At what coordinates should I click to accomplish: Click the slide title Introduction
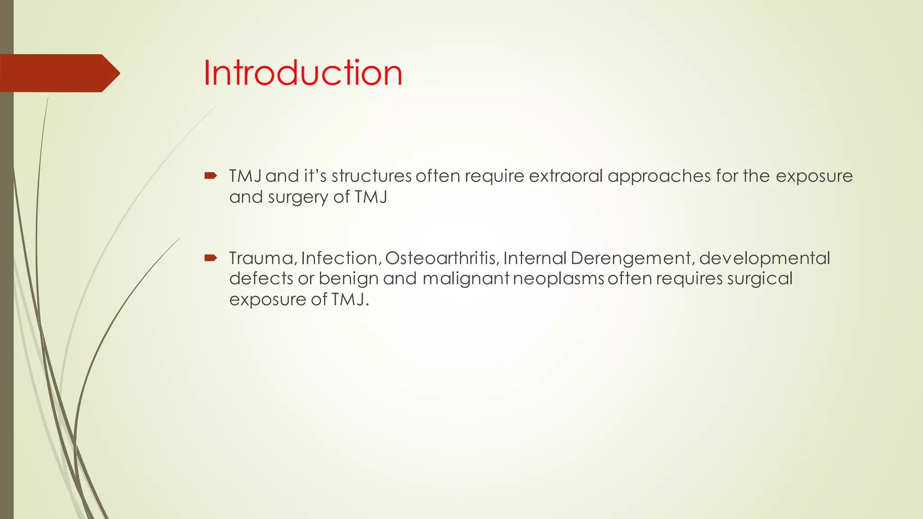click(x=302, y=73)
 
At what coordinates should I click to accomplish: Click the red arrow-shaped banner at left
click(x=59, y=73)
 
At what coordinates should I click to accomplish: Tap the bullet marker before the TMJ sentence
click(x=210, y=176)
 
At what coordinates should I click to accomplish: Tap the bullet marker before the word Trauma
click(x=210, y=258)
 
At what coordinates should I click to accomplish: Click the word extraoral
click(x=566, y=176)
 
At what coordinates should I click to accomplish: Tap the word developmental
click(x=764, y=259)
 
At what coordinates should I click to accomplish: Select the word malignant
click(x=466, y=279)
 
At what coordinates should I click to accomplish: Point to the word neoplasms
click(x=558, y=279)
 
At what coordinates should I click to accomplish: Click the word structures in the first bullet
click(x=371, y=176)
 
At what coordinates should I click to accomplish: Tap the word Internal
click(x=535, y=258)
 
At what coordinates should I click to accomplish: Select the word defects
click(x=261, y=278)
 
